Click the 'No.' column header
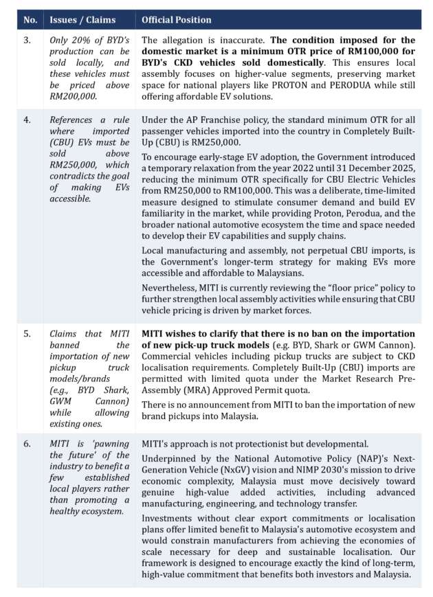click(30, 20)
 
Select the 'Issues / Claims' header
click(83, 20)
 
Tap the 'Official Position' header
click(177, 20)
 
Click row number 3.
click(28, 41)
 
